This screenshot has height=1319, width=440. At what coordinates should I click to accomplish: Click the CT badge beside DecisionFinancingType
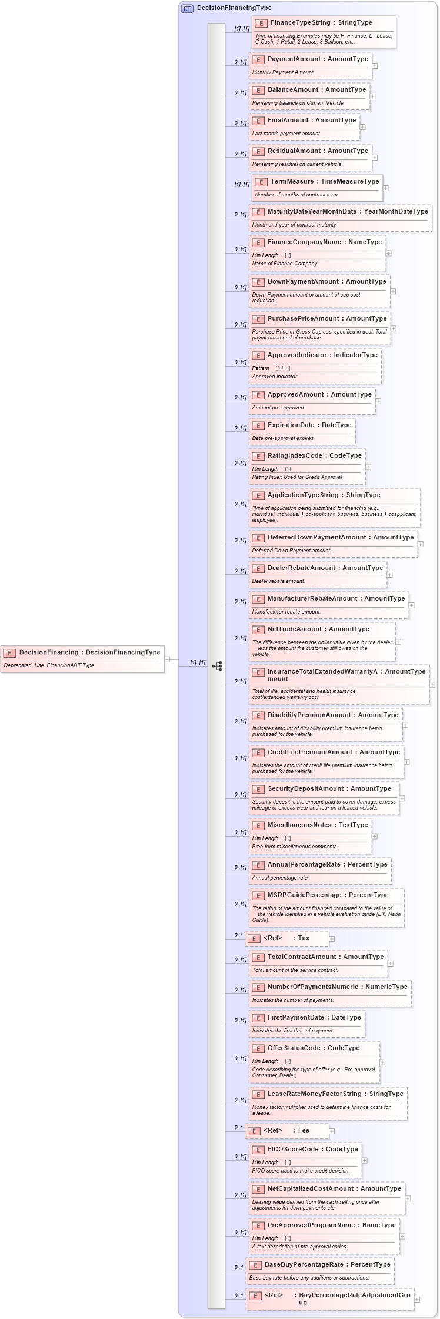187,8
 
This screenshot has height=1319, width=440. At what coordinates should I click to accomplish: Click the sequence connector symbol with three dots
217,666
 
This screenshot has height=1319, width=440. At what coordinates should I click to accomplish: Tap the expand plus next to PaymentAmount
375,66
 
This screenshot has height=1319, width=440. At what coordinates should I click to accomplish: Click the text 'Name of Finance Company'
285,264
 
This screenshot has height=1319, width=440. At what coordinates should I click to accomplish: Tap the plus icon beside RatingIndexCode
368,467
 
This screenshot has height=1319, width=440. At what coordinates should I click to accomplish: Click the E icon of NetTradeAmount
258,629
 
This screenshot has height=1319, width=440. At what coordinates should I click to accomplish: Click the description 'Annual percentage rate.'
281,878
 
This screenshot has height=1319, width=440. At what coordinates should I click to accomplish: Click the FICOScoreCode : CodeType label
312,1149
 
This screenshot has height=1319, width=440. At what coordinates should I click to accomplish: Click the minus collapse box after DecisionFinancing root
167,659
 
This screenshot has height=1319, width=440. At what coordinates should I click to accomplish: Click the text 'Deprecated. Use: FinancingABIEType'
49,665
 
